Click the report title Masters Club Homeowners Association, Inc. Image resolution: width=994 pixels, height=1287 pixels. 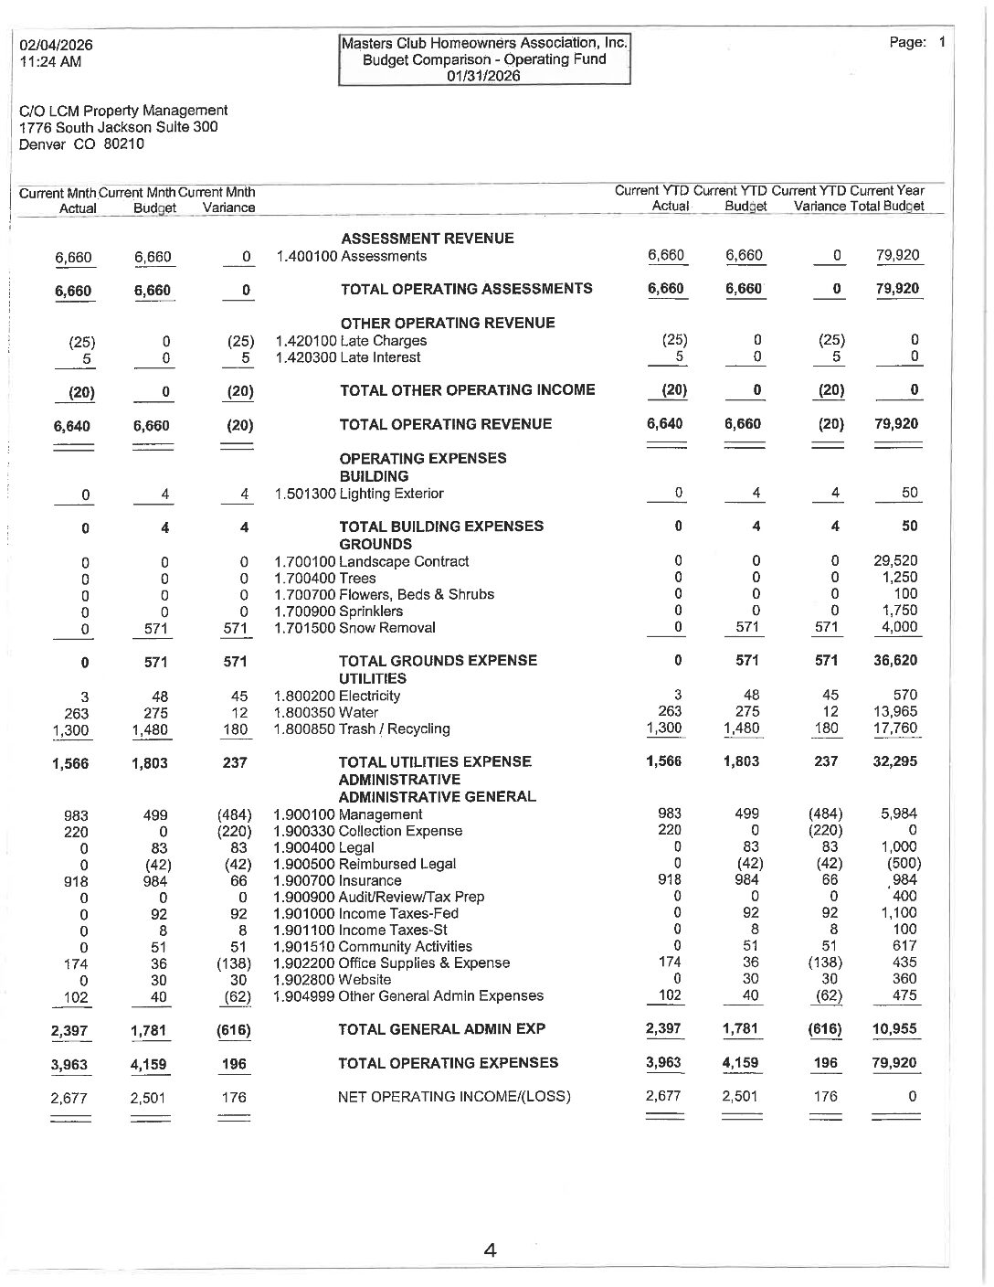pyautogui.click(x=484, y=43)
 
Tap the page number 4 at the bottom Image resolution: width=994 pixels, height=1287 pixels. pyautogui.click(x=491, y=1250)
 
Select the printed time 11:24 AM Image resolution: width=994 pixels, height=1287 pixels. pyautogui.click(x=49, y=61)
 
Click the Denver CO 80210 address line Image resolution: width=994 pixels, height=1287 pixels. pyautogui.click(x=81, y=144)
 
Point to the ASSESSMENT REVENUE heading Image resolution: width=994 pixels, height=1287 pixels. pyautogui.click(x=427, y=239)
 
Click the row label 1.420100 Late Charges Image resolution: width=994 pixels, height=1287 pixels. pyautogui.click(x=351, y=341)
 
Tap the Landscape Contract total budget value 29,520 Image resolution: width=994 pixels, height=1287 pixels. pyautogui.click(x=895, y=560)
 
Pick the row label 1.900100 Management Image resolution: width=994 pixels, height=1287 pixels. pyautogui.click(x=348, y=814)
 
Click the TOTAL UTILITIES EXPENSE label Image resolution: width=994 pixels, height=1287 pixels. pyautogui.click(x=434, y=761)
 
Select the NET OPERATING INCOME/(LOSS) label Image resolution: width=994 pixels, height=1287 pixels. pyautogui.click(x=454, y=1096)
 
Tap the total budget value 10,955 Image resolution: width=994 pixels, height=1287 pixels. pyautogui.click(x=894, y=1028)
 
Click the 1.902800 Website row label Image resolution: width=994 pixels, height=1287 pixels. pyautogui.click(x=333, y=979)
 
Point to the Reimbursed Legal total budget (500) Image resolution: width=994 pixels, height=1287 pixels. pyautogui.click(x=904, y=863)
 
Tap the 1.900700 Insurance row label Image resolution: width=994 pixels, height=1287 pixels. pyautogui.click(x=337, y=880)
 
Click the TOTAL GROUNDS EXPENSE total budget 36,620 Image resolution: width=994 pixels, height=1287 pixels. pyautogui.click(x=895, y=660)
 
